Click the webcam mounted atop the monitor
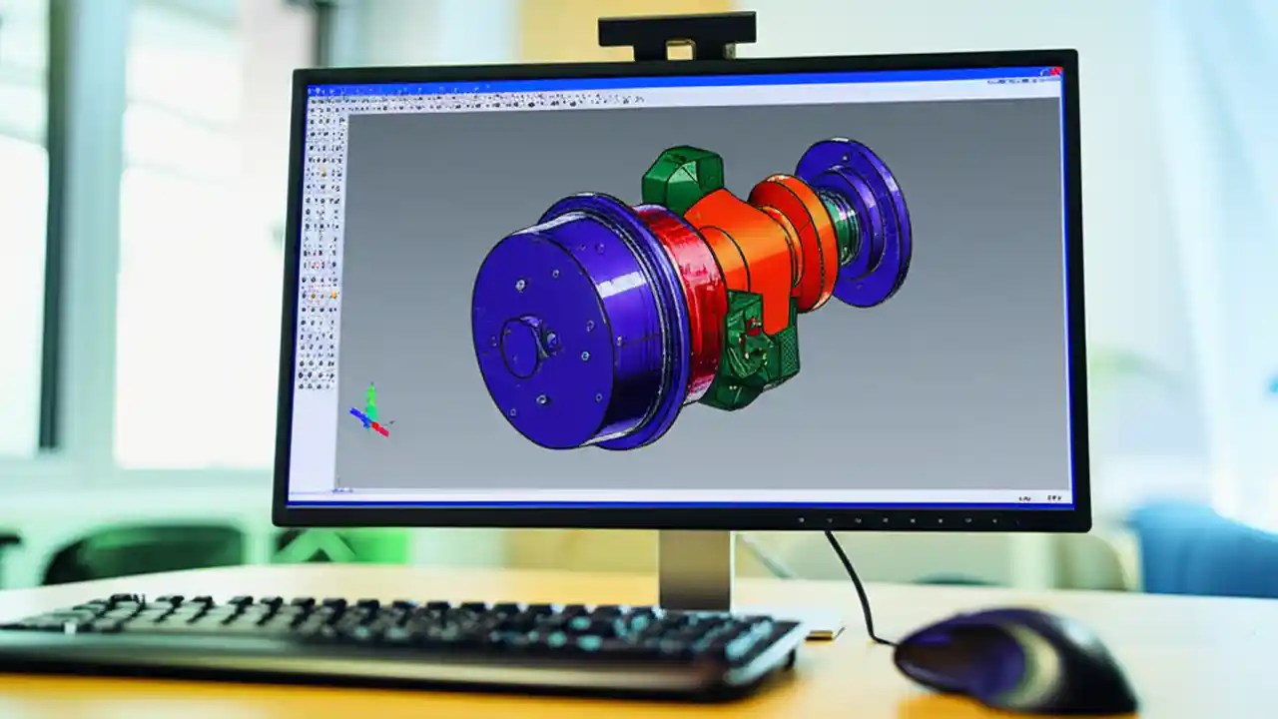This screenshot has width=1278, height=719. pos(676,36)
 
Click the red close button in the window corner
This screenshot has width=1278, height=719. pos(1052,73)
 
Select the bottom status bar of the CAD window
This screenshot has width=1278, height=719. pos(679,494)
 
